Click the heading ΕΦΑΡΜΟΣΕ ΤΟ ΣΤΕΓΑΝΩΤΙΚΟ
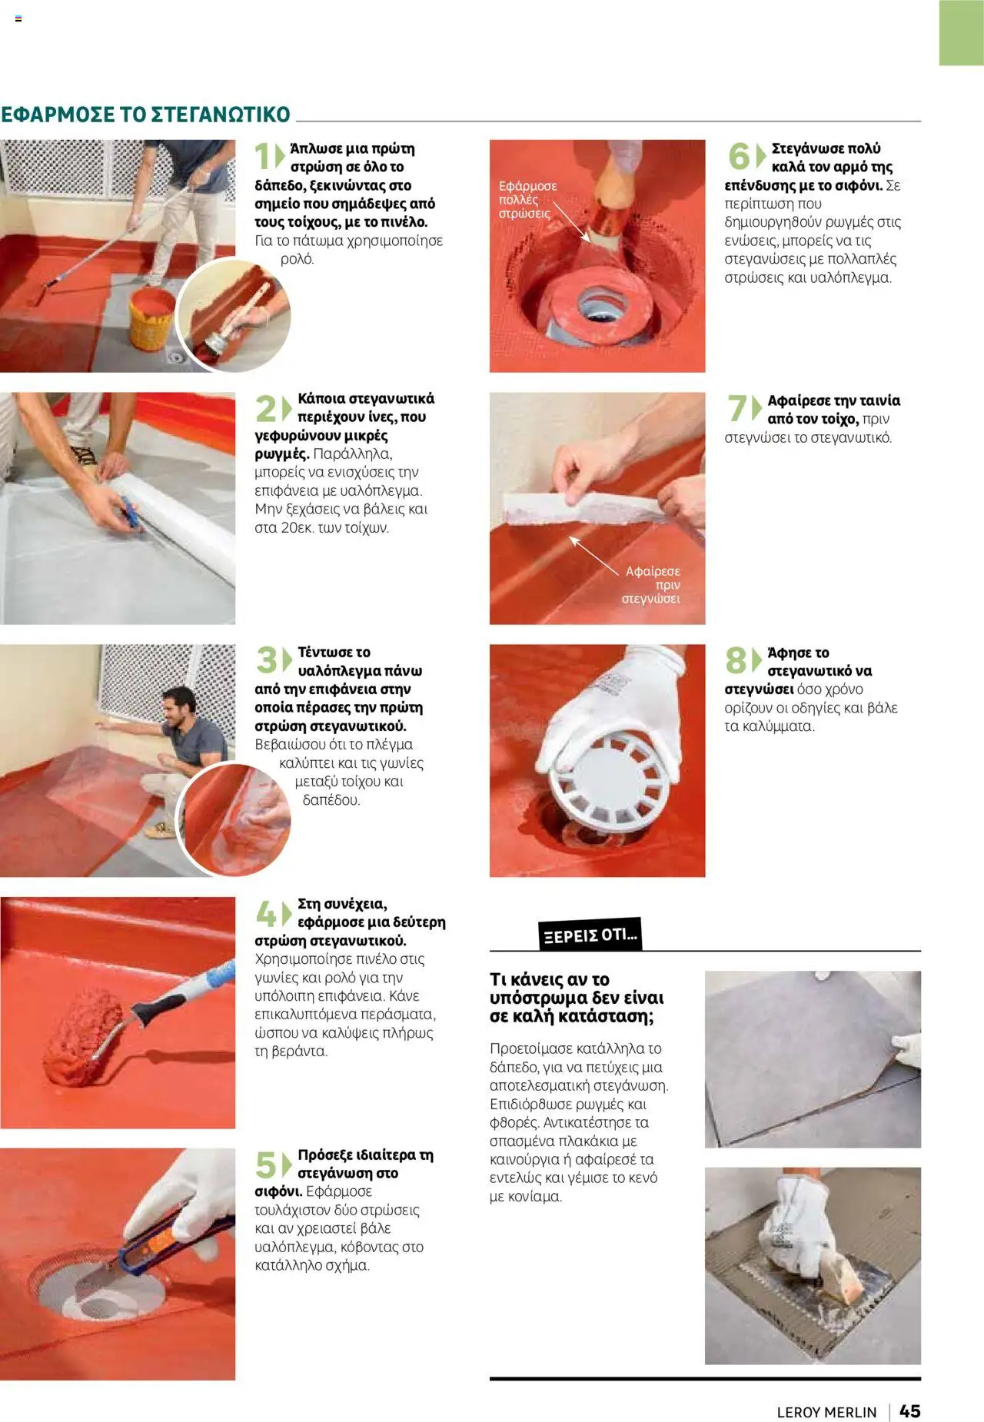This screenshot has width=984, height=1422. [145, 115]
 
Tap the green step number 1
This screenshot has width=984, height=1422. [263, 156]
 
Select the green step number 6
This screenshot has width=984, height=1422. [738, 156]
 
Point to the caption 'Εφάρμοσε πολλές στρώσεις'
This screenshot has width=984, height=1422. [527, 200]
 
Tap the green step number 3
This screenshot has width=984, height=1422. [266, 660]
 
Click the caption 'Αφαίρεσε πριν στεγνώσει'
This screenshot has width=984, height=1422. [651, 585]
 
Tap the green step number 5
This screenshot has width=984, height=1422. [265, 1165]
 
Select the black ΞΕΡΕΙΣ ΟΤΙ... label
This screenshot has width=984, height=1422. [590, 935]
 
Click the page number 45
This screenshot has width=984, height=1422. [909, 1411]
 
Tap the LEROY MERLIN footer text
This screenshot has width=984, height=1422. [826, 1412]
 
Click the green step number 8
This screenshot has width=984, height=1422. [736, 660]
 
